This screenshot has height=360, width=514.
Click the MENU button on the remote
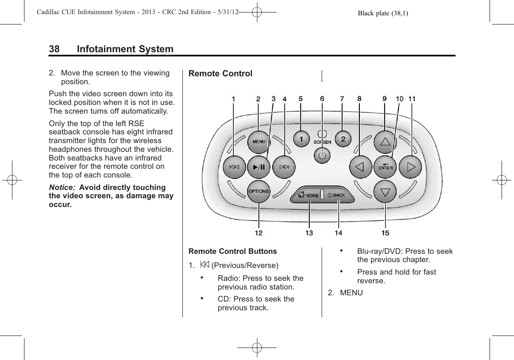point(259,141)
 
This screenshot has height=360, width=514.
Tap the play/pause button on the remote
point(259,167)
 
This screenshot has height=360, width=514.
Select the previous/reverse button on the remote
point(234,167)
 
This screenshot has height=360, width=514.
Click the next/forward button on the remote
point(284,167)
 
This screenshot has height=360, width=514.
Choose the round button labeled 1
point(301,139)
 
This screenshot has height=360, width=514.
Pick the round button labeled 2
point(343,139)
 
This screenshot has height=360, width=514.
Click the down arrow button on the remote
point(385,192)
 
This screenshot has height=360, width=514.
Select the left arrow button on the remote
point(359,167)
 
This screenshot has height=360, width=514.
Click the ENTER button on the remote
point(385,167)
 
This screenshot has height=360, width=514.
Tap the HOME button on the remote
point(308,195)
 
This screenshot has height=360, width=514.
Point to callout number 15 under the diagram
point(385,233)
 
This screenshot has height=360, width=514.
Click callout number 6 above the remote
point(322,99)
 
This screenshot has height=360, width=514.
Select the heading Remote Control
point(220,74)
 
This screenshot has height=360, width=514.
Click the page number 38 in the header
point(54,49)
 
